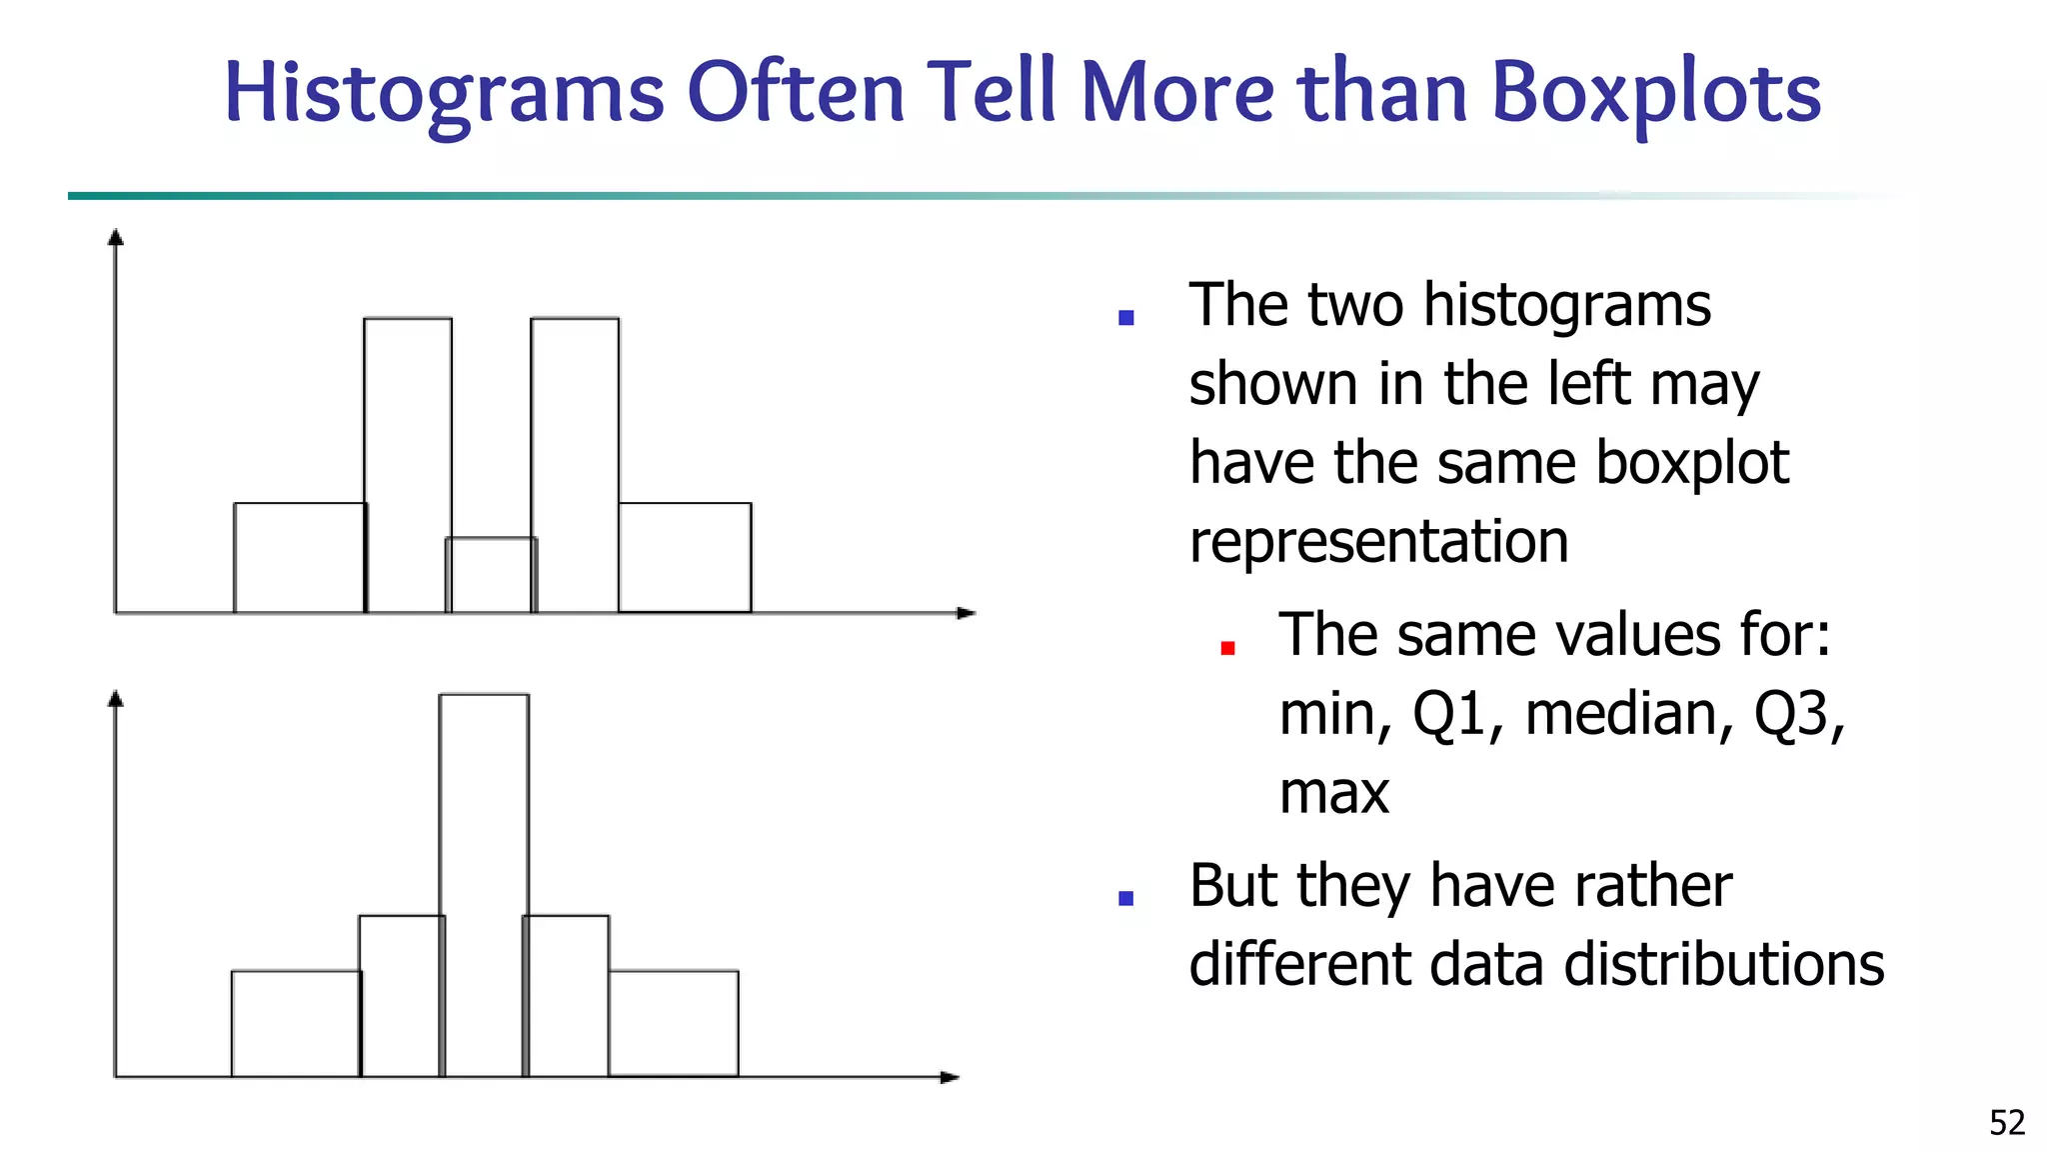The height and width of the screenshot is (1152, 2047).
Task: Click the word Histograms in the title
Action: coord(444,94)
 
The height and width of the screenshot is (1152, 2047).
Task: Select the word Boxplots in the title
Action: coord(1655,94)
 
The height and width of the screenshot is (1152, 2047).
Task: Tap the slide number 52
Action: coord(2006,1123)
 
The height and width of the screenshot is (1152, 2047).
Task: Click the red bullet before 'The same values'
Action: coord(1228,648)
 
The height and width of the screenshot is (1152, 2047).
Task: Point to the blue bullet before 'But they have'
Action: coord(1126,898)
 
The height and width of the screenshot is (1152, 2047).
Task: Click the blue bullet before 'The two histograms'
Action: coord(1126,318)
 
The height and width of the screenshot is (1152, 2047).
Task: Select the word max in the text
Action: coord(1334,793)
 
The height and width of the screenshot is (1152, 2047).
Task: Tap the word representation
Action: coord(1378,542)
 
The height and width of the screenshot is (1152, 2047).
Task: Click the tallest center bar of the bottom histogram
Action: coord(484,880)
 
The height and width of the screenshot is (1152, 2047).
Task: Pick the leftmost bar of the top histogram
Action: coord(299,557)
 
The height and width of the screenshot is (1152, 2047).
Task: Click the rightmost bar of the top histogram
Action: coord(685,557)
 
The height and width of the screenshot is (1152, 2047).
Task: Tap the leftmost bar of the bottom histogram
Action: coord(296,1023)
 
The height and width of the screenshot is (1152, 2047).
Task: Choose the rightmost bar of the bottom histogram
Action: coord(673,1023)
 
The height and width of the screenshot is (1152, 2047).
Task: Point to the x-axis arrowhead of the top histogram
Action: coord(966,613)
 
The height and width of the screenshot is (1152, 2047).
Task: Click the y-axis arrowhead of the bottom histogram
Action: coord(116,698)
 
